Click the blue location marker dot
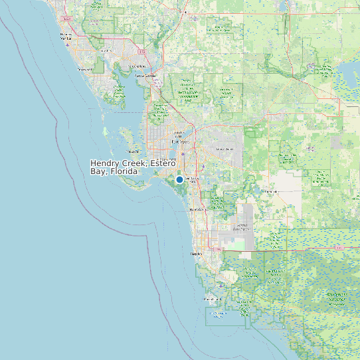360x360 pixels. pyautogui.click(x=179, y=179)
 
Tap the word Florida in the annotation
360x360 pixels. pyautogui.click(x=124, y=171)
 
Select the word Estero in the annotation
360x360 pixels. pyautogui.click(x=163, y=163)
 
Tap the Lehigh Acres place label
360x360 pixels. pyautogui.click(x=225, y=149)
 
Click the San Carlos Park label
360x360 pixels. pyautogui.click(x=191, y=180)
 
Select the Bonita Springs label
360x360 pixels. pyautogui.click(x=197, y=209)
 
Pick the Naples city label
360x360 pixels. pyautogui.click(x=196, y=253)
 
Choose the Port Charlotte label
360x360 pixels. pyautogui.click(x=137, y=66)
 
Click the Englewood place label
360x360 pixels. pyautogui.click(x=84, y=69)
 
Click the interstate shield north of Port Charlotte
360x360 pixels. pyautogui.click(x=142, y=50)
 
